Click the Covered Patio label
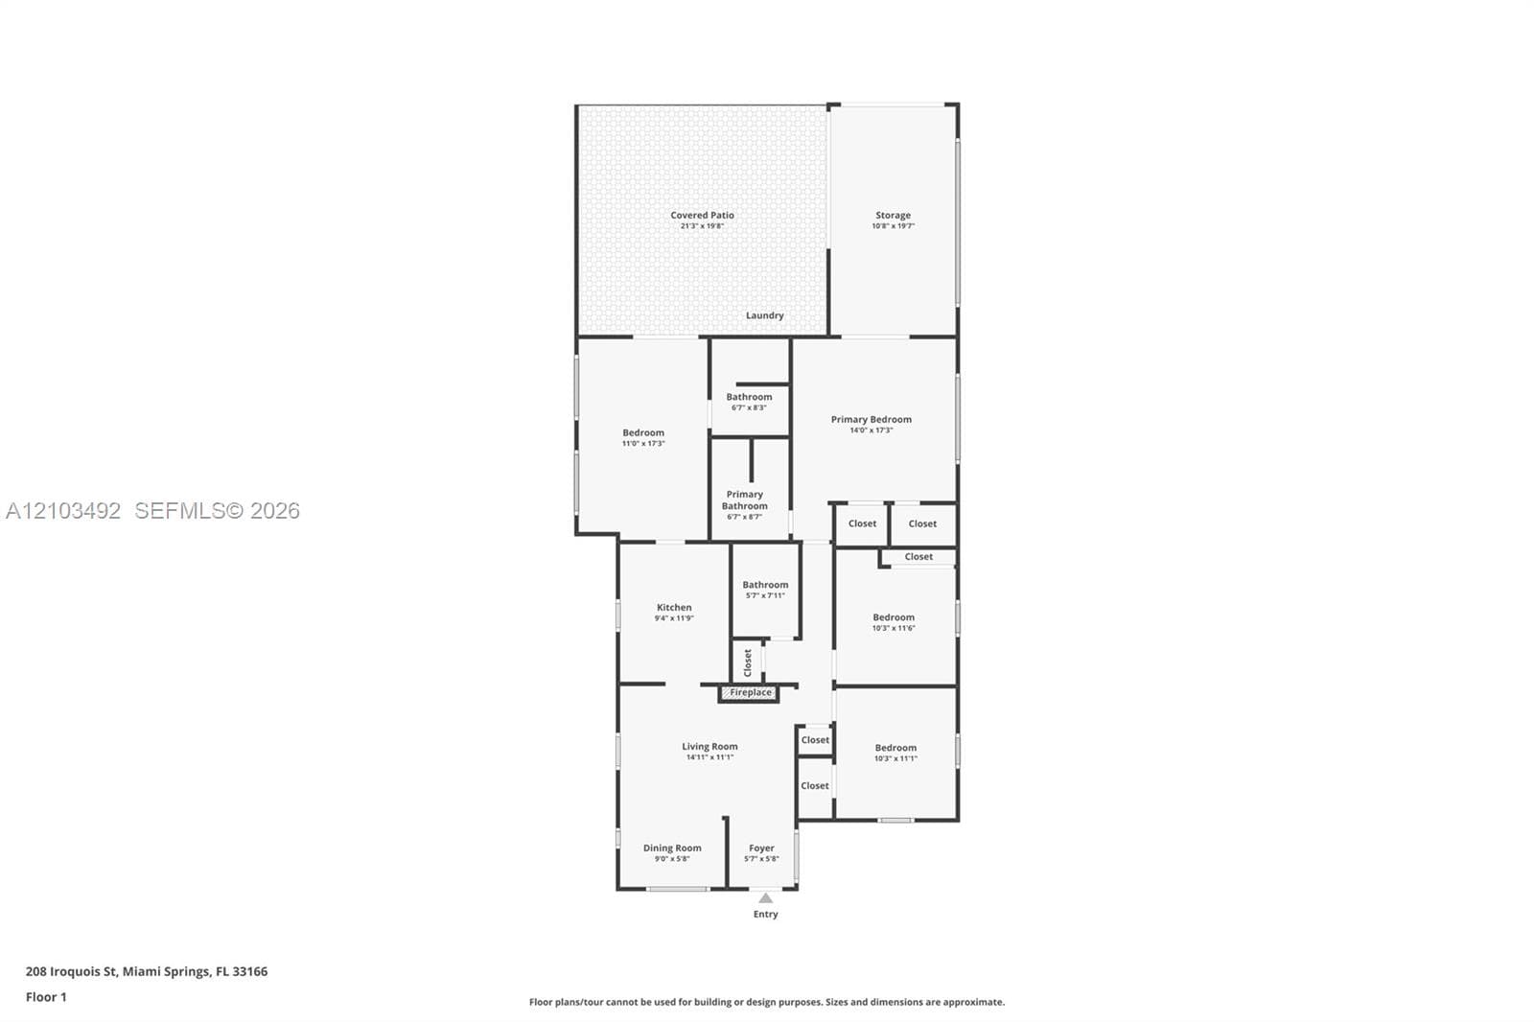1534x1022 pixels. [x=702, y=215]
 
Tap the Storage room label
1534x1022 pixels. [x=893, y=215]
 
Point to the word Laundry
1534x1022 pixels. [x=764, y=315]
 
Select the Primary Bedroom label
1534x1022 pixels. [x=872, y=419]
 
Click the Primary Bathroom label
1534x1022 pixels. [x=744, y=500]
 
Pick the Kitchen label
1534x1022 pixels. [x=674, y=607]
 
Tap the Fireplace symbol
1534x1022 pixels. [x=749, y=692]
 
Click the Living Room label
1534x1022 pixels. [x=709, y=746]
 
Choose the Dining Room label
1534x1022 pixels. [x=672, y=848]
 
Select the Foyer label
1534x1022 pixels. [x=761, y=848]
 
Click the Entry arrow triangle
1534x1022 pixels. [x=766, y=898]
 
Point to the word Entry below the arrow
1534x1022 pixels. [x=766, y=914]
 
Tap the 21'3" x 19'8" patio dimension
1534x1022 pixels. [x=702, y=225]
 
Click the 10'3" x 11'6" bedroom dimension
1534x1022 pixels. [x=894, y=627]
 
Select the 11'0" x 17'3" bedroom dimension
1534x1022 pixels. [x=643, y=443]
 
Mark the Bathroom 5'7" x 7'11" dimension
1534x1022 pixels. [x=765, y=595]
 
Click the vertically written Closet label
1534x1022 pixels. [x=748, y=662]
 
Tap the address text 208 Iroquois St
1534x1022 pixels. [x=71, y=971]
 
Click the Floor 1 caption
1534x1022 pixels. [x=46, y=997]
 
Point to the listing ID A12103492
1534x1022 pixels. [x=63, y=510]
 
